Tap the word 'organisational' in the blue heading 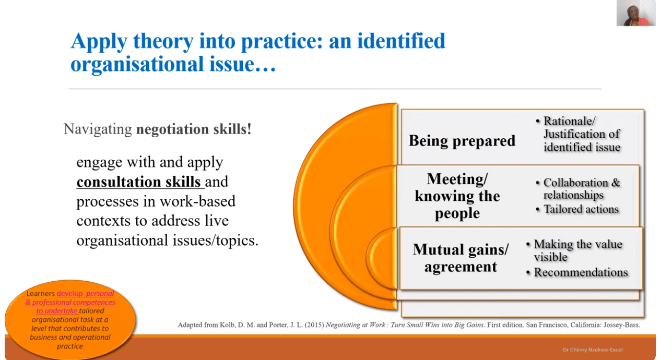coord(137,64)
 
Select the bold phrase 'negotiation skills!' coord(194,129)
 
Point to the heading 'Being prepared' coord(462,141)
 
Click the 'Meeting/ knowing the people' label coord(457,196)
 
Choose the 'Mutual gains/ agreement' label coord(461,258)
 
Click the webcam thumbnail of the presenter coord(635,13)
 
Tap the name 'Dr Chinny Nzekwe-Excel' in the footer coord(593,350)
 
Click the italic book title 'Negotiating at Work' coord(355,325)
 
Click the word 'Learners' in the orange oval coord(40,294)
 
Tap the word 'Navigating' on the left coord(98,129)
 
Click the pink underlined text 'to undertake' coord(57,311)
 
